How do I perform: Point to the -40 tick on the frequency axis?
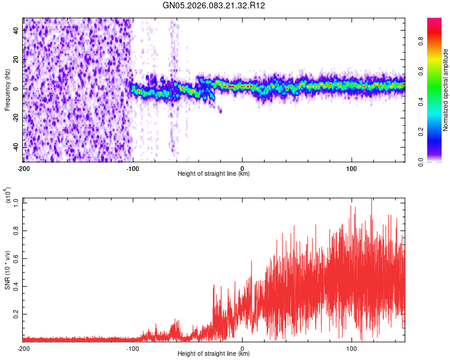[15, 147]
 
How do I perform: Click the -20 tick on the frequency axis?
[15, 118]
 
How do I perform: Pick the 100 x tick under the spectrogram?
[352, 168]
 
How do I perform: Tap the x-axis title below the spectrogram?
[214, 174]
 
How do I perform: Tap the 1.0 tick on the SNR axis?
[16, 203]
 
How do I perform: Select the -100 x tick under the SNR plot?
[133, 348]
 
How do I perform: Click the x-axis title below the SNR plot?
[214, 354]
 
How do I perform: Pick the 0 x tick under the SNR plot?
[242, 348]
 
